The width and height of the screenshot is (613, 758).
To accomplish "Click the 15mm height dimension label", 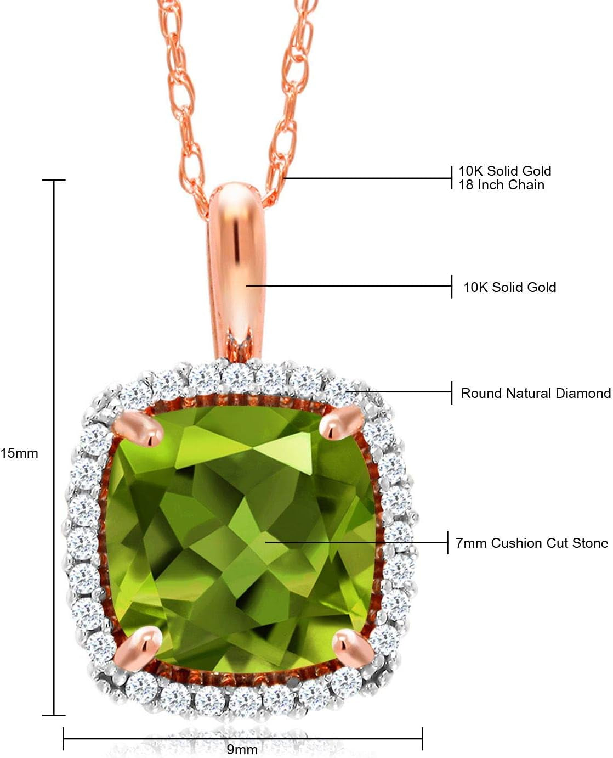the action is [19, 453].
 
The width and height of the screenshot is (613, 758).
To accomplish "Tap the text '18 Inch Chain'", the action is [501, 184].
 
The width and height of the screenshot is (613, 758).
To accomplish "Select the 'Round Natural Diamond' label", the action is [536, 393].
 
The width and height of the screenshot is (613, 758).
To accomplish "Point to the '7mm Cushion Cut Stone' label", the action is [532, 543].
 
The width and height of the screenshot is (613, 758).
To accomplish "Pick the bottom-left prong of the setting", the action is [139, 644].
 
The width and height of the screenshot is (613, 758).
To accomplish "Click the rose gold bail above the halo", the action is [237, 271].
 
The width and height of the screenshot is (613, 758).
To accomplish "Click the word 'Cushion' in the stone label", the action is [516, 543].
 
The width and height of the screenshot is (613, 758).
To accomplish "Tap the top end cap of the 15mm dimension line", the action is [54, 180].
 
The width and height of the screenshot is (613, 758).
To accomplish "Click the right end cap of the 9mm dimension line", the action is [422, 739].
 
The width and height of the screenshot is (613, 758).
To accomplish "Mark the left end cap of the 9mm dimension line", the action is [63, 739].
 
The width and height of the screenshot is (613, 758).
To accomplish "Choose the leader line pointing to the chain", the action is [368, 178].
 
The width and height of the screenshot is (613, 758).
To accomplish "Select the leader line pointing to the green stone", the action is [357, 542].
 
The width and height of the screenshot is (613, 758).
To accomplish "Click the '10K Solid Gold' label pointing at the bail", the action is [509, 287].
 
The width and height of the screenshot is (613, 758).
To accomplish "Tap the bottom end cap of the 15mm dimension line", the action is [54, 715].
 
